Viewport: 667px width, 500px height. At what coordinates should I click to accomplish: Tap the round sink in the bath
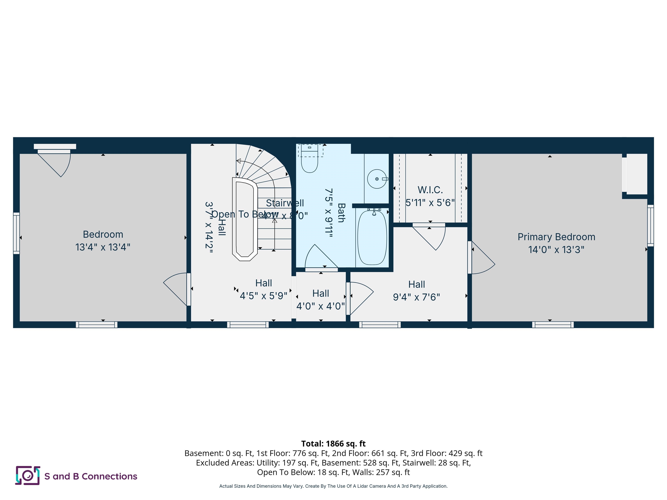(377, 179)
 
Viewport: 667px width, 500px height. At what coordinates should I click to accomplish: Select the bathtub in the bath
(372, 237)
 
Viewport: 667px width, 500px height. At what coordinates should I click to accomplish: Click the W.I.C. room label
(430, 190)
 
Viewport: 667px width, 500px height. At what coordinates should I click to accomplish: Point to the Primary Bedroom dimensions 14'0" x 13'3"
(556, 250)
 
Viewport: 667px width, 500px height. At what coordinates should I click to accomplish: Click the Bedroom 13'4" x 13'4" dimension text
(103, 247)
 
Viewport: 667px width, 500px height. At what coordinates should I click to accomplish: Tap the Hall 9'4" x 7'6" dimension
(416, 297)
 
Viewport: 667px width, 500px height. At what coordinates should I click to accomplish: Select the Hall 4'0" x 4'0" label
(320, 293)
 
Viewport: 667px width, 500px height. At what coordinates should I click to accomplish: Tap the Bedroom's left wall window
(17, 233)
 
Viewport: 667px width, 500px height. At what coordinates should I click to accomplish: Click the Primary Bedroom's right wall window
(650, 225)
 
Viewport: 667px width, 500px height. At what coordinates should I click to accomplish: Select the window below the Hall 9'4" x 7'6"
(380, 325)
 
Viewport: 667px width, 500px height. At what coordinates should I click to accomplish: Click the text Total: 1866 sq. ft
(333, 443)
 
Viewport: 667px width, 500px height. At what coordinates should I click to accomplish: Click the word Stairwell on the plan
(285, 203)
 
